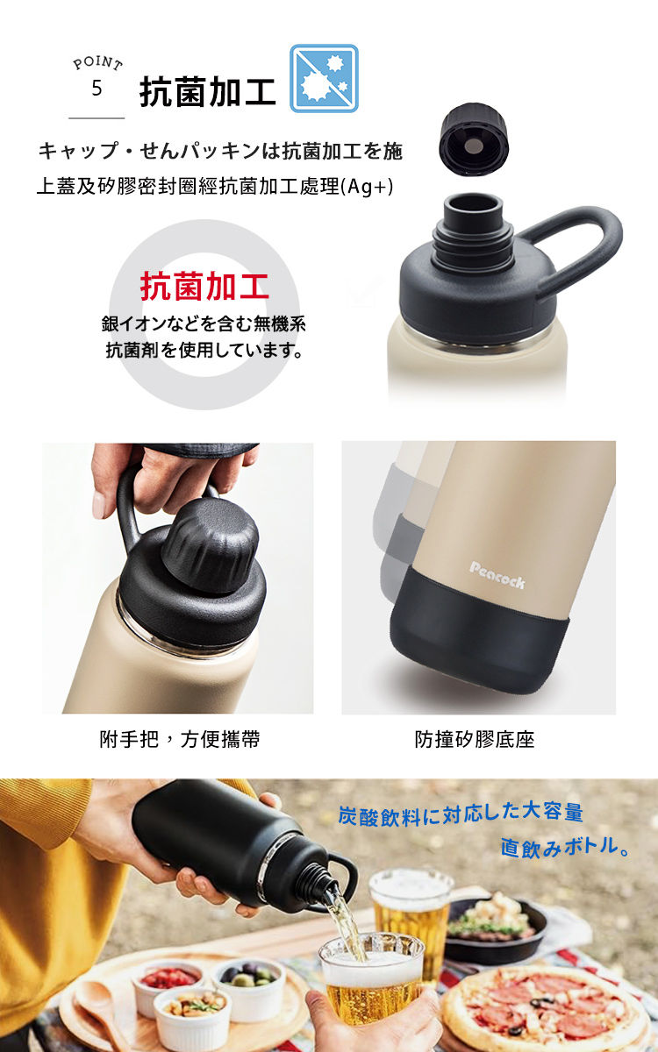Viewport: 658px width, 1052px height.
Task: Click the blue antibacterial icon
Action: click(324, 78)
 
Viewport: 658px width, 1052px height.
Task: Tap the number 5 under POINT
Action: click(97, 88)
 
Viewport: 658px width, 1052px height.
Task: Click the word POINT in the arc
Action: click(97, 63)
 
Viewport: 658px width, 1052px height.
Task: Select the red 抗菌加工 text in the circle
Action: click(204, 286)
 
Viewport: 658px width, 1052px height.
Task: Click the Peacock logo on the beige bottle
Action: click(497, 575)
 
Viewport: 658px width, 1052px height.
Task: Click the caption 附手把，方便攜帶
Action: click(180, 739)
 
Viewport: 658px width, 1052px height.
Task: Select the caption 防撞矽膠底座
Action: click(475, 739)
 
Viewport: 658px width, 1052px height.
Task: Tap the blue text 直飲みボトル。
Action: click(564, 848)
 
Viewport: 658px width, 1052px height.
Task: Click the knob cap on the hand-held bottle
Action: click(210, 544)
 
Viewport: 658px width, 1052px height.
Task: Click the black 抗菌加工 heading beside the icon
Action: click(207, 92)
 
